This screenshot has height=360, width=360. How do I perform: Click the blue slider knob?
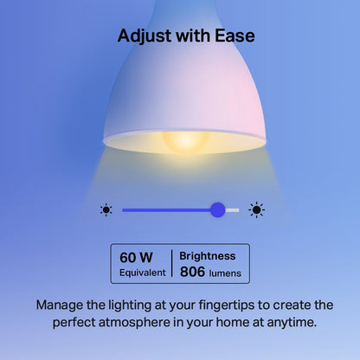point(217,209)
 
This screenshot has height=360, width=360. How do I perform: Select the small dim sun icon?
point(106,209)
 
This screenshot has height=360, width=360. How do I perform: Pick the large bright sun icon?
point(256,209)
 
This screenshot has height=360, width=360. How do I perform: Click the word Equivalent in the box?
point(142,273)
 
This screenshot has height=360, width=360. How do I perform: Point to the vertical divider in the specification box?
point(171,264)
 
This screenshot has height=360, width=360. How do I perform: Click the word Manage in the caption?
point(62,305)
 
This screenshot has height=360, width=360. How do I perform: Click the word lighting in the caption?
point(134,305)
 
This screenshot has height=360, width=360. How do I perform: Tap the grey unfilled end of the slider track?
point(233,209)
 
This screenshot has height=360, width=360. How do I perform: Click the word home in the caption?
point(226,323)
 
